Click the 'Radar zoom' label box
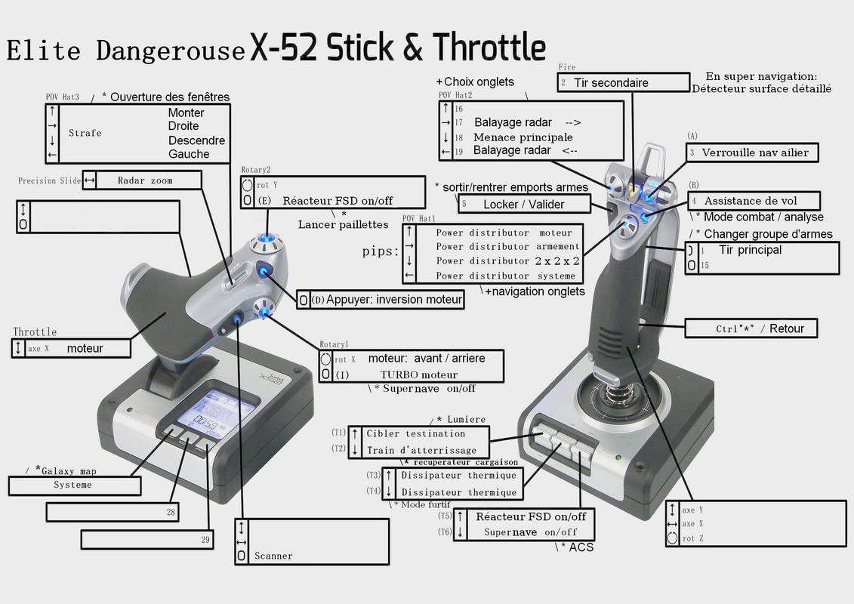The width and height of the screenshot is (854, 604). click(x=145, y=180)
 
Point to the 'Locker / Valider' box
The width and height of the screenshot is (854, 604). click(x=523, y=204)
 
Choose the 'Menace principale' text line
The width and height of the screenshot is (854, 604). click(x=523, y=137)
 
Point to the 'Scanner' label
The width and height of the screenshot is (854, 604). click(x=273, y=556)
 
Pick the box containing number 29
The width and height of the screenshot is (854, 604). click(x=147, y=540)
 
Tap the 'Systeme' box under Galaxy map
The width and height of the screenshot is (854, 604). click(x=74, y=485)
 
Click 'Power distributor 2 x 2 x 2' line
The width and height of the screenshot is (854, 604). click(x=507, y=261)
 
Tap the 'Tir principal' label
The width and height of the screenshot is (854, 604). click(x=750, y=250)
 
